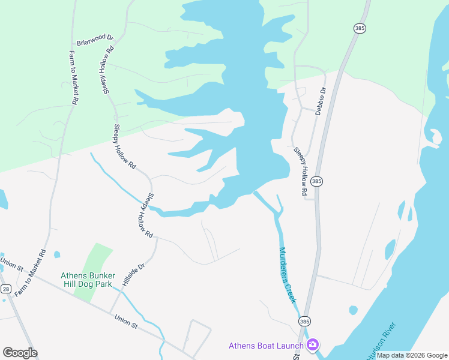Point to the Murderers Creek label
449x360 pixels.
288,275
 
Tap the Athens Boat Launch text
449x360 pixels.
267,346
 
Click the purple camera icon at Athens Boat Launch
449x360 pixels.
312,344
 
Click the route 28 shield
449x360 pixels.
5,289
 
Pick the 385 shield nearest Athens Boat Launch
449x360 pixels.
304,322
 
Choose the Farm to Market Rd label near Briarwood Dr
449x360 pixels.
74,78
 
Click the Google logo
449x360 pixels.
20,352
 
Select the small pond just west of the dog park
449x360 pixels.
57,254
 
